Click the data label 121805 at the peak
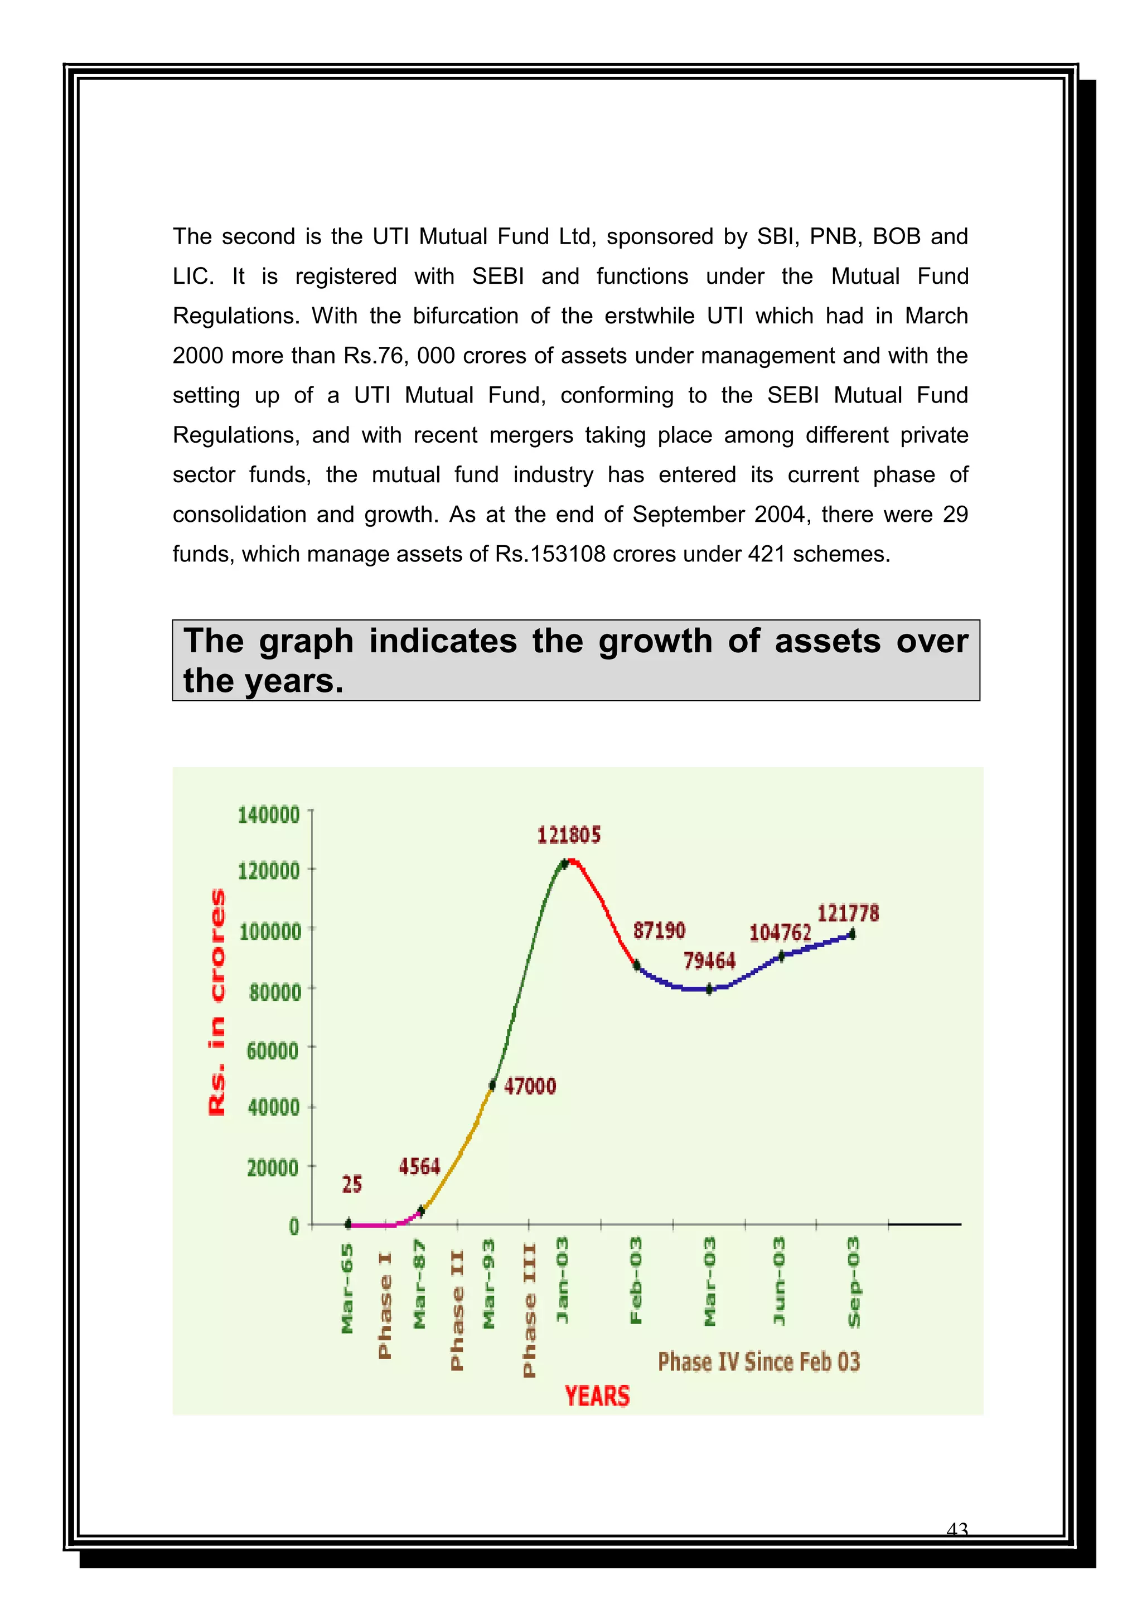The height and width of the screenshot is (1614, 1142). (x=569, y=835)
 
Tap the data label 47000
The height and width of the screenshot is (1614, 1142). (x=530, y=1086)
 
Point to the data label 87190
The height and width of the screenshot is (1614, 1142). (x=659, y=930)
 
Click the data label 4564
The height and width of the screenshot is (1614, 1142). (x=419, y=1167)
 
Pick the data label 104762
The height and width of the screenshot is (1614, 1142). (x=780, y=932)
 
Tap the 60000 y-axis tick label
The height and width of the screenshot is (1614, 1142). (x=272, y=1051)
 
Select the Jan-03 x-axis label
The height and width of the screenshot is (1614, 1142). (x=563, y=1280)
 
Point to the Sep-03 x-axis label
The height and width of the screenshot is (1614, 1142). (x=854, y=1282)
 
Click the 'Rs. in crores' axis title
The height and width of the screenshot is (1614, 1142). (x=218, y=1001)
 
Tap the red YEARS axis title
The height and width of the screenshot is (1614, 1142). (x=597, y=1395)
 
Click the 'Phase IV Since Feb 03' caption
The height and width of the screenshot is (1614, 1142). (x=759, y=1361)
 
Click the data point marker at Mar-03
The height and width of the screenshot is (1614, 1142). (x=709, y=989)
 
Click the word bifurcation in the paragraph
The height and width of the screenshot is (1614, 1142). (x=466, y=316)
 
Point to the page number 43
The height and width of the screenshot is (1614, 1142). (x=957, y=1530)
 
